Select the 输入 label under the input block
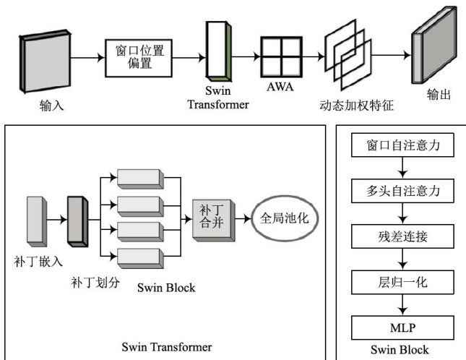[x=52, y=106]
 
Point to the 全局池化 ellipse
[x=283, y=217]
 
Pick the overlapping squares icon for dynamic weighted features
[x=349, y=55]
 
